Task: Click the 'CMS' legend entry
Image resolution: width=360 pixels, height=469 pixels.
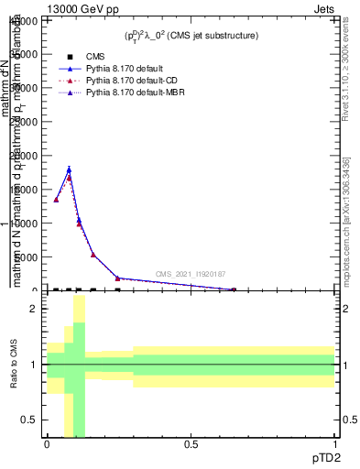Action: tap(95, 57)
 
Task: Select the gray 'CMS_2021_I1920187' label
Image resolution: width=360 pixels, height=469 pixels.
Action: tap(190, 274)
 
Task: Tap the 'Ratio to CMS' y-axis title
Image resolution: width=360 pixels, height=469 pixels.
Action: tap(14, 365)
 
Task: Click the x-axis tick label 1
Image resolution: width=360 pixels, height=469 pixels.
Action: tap(334, 444)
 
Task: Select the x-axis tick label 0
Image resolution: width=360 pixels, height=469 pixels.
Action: tap(48, 444)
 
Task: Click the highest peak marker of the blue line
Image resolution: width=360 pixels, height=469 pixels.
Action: tap(69, 169)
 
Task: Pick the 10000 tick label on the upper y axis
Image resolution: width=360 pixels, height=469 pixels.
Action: tap(25, 224)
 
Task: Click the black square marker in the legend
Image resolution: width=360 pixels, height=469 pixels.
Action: tap(71, 57)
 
